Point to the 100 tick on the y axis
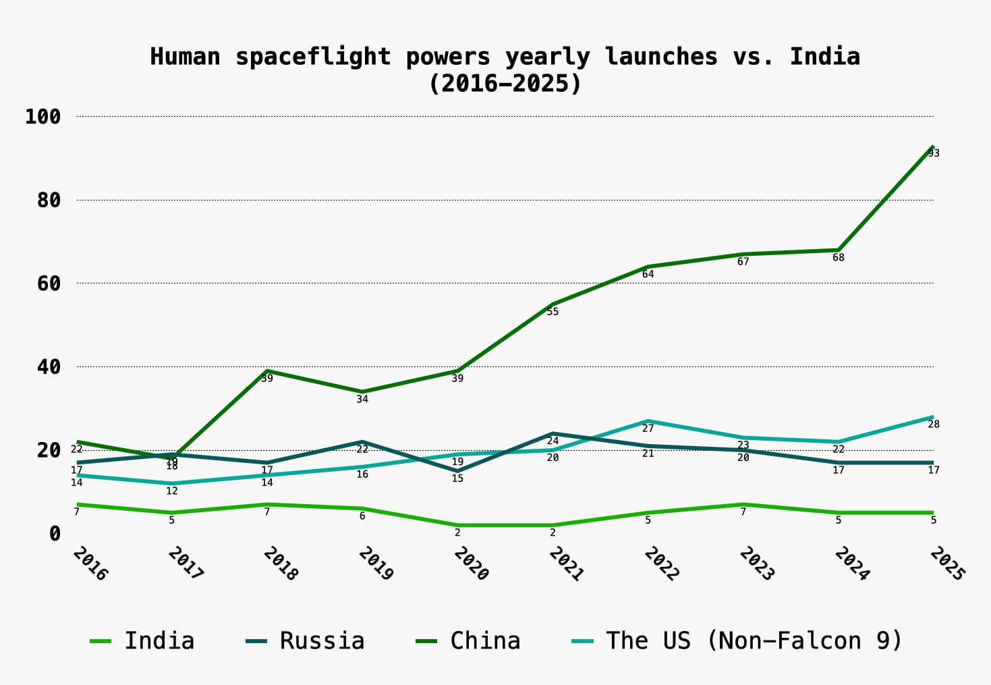tap(43, 117)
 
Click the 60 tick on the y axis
tap(49, 283)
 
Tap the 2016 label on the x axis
tap(90, 564)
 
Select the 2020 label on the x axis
tap(471, 564)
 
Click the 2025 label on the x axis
tap(947, 564)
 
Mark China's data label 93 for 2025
tap(934, 153)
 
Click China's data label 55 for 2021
tap(553, 312)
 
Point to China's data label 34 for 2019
tap(362, 399)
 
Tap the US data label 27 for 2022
tap(648, 429)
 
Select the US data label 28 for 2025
tap(934, 424)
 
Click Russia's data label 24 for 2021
tap(553, 441)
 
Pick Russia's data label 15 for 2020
tap(457, 478)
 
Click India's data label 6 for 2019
tap(362, 516)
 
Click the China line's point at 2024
tap(839, 250)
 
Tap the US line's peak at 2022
tap(648, 421)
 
